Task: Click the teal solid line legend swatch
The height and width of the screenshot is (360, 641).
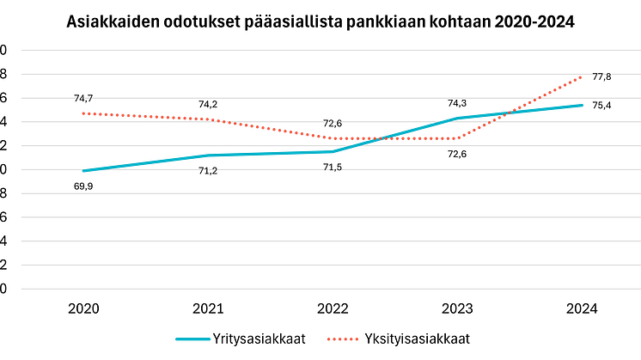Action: pyautogui.click(x=192, y=339)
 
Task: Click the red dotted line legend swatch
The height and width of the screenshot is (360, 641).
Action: pyautogui.click(x=342, y=339)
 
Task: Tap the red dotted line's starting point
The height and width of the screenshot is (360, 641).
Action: pyautogui.click(x=82, y=113)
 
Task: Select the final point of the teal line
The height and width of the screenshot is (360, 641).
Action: pyautogui.click(x=583, y=105)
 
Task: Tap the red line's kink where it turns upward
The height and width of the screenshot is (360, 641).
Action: pyautogui.click(x=458, y=137)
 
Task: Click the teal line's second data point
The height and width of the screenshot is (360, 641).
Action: pyautogui.click(x=207, y=156)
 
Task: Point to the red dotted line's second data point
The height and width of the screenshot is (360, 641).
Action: pyautogui.click(x=207, y=118)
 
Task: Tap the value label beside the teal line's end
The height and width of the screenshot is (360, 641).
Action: pyautogui.click(x=602, y=103)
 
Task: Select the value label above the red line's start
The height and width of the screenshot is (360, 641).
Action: pyautogui.click(x=83, y=99)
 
